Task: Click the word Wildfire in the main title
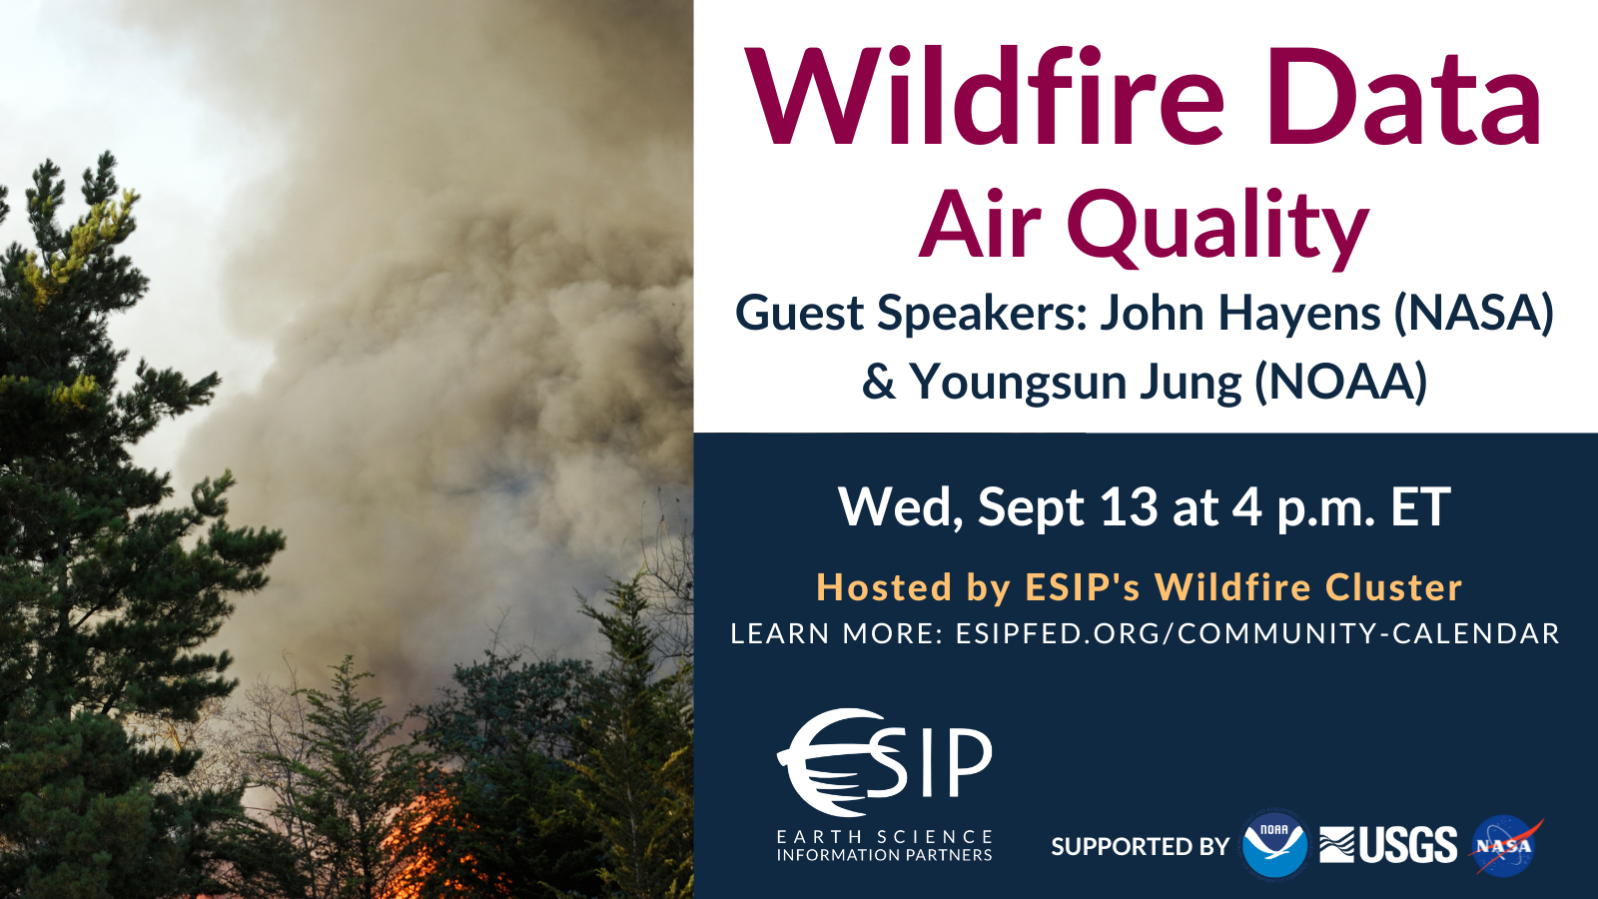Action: click(x=985, y=95)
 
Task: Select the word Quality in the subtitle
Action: click(x=1217, y=228)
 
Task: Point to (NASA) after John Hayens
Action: click(x=1474, y=314)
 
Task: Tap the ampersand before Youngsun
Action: click(x=879, y=382)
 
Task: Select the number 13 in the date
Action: click(x=1130, y=506)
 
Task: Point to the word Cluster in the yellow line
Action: click(x=1394, y=587)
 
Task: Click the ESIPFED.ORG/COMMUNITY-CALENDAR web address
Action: click(x=1257, y=633)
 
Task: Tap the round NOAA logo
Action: click(x=1274, y=845)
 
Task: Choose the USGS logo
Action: click(x=1388, y=845)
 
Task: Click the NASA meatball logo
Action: click(x=1505, y=845)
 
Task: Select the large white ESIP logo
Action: click(x=884, y=762)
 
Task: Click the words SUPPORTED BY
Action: click(x=1140, y=846)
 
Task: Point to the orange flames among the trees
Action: click(x=428, y=849)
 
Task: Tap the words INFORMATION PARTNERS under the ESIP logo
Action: click(x=885, y=855)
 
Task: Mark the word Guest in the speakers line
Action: click(x=800, y=314)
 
